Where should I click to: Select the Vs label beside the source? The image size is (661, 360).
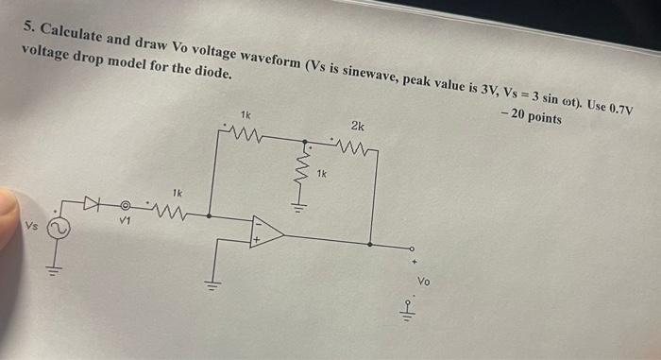(x=31, y=227)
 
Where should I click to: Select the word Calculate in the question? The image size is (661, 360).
(x=75, y=25)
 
